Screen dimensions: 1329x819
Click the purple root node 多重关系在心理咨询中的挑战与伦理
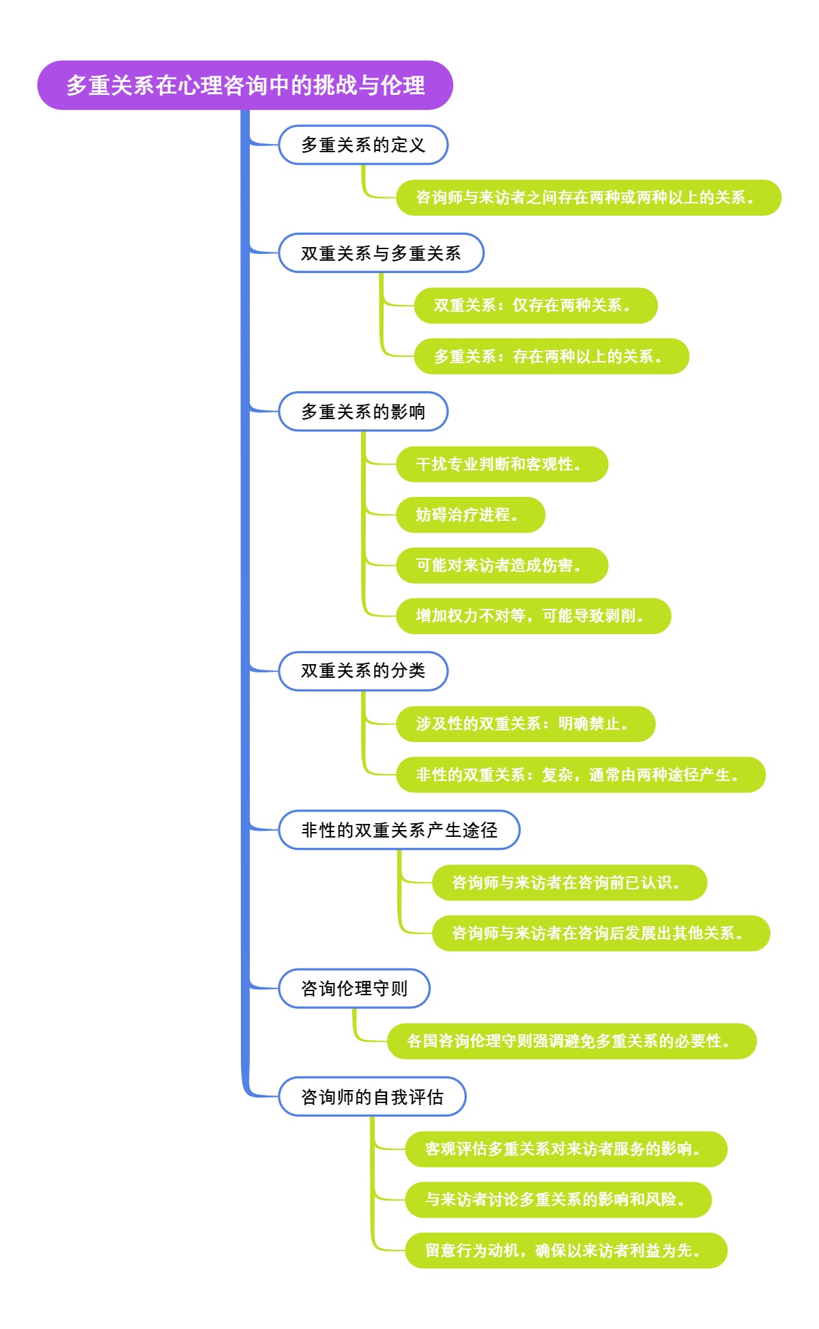[245, 85]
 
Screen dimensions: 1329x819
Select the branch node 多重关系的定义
[363, 145]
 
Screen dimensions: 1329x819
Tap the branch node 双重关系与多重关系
[381, 253]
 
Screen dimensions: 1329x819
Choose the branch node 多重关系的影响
[363, 412]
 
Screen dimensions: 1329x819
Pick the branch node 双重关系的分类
[363, 671]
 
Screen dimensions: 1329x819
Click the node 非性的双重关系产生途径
[399, 830]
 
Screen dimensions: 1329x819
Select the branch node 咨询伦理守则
[354, 988]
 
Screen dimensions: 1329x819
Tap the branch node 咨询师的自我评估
[372, 1097]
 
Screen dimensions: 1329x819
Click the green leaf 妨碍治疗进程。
[470, 515]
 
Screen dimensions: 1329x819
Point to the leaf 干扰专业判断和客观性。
[502, 464]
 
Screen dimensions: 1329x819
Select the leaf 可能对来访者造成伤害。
[502, 565]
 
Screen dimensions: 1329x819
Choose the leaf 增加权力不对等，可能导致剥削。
[533, 616]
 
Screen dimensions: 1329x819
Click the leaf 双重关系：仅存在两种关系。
[535, 305]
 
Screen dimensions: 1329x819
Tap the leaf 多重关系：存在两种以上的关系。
[551, 356]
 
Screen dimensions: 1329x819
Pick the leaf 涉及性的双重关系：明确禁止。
[526, 724]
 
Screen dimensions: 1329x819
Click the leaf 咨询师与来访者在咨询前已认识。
[569, 883]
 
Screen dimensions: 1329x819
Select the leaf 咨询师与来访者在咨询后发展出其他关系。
[601, 933]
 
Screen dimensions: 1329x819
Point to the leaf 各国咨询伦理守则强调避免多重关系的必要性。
[572, 1041]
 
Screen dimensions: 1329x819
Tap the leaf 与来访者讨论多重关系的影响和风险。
[558, 1199]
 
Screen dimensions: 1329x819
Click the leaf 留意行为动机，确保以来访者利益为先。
[566, 1251]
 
